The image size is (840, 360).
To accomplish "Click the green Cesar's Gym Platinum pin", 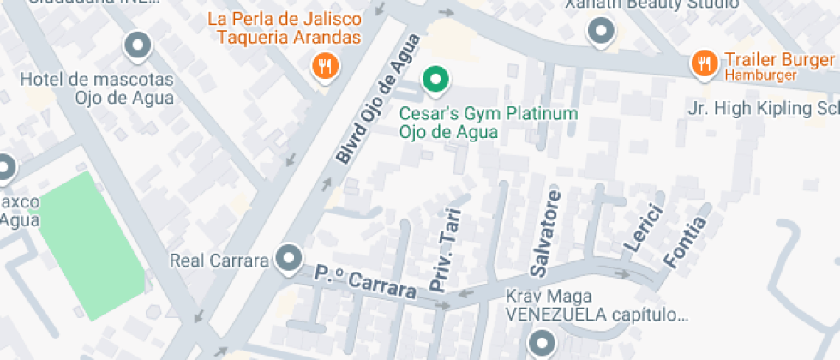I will [x=436, y=81].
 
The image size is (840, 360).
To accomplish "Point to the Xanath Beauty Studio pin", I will [x=601, y=32].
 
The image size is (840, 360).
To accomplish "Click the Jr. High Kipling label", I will [x=764, y=109].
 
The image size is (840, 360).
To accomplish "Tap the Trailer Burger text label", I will [x=779, y=59].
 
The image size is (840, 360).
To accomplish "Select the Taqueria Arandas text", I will [x=288, y=37].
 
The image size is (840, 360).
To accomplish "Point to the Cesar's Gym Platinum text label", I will [x=489, y=114].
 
